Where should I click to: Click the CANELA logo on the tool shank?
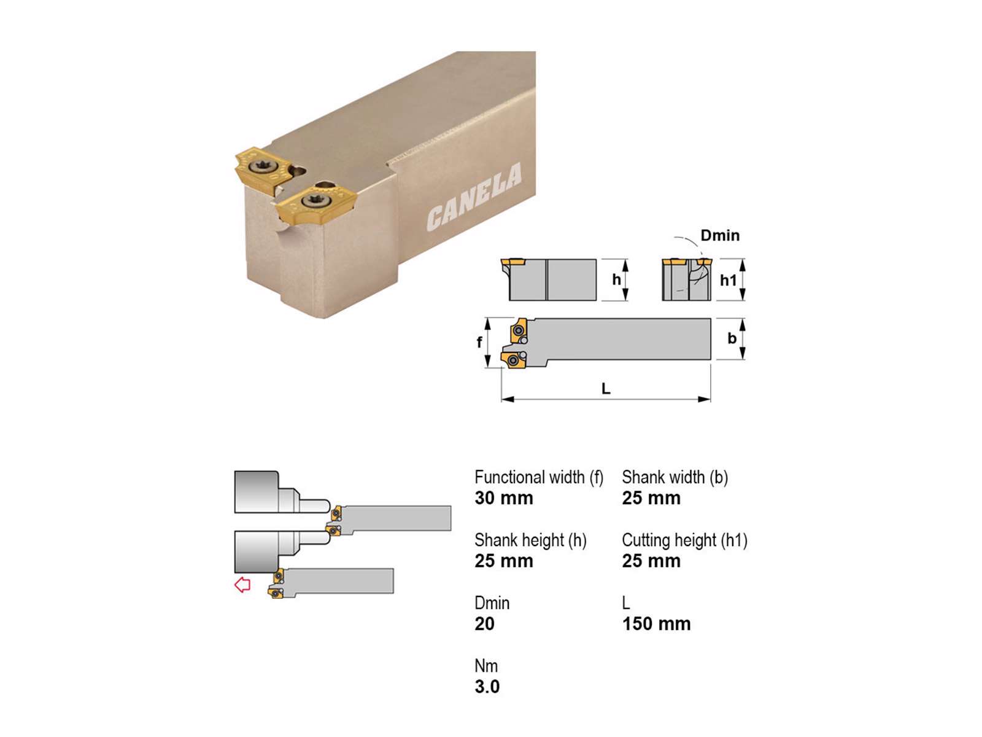(x=474, y=197)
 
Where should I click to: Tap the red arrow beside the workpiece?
(x=242, y=585)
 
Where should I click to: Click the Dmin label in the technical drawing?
(x=720, y=235)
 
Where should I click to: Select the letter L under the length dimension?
(x=606, y=388)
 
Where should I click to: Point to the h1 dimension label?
(x=728, y=281)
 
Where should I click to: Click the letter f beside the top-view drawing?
(x=479, y=342)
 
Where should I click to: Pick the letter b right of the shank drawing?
(x=732, y=338)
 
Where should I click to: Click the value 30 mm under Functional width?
(x=504, y=498)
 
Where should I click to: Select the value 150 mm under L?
(x=656, y=624)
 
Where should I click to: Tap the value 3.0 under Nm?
(x=487, y=687)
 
